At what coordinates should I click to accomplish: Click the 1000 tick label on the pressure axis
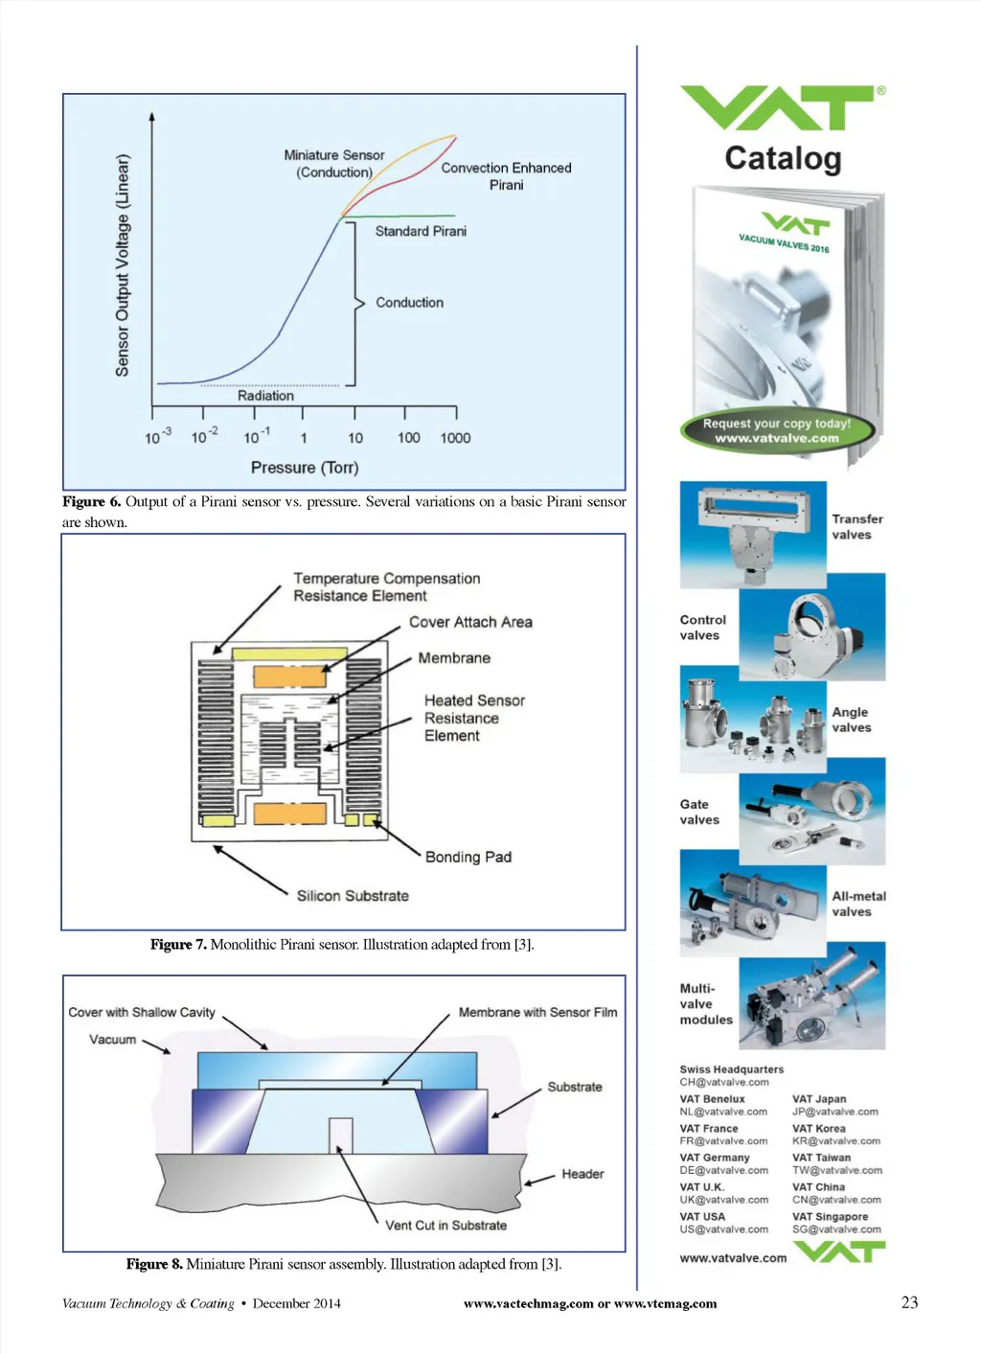(x=455, y=438)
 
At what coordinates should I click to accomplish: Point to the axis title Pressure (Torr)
(x=305, y=468)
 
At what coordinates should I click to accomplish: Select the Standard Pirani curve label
(x=421, y=231)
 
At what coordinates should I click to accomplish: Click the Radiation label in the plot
(x=265, y=396)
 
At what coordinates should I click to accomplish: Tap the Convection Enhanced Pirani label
(x=506, y=176)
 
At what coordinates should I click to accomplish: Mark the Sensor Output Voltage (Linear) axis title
(x=123, y=265)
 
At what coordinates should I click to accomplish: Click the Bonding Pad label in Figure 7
(x=468, y=857)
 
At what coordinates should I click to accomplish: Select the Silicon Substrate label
(x=353, y=896)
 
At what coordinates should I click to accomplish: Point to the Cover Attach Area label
(x=470, y=622)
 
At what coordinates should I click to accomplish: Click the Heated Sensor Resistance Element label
(x=473, y=718)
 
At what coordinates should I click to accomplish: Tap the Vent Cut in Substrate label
(x=445, y=1226)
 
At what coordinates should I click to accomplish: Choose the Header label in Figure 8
(x=582, y=1174)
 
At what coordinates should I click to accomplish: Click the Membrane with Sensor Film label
(x=537, y=1012)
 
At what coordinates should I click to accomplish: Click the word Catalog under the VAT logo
(x=783, y=158)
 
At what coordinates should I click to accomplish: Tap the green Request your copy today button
(x=777, y=430)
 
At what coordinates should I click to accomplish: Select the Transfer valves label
(x=856, y=527)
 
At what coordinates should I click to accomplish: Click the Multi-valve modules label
(x=706, y=1004)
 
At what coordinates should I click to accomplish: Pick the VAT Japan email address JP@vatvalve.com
(x=834, y=1112)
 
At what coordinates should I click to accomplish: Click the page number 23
(x=909, y=1302)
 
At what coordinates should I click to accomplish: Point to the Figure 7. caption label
(x=178, y=945)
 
